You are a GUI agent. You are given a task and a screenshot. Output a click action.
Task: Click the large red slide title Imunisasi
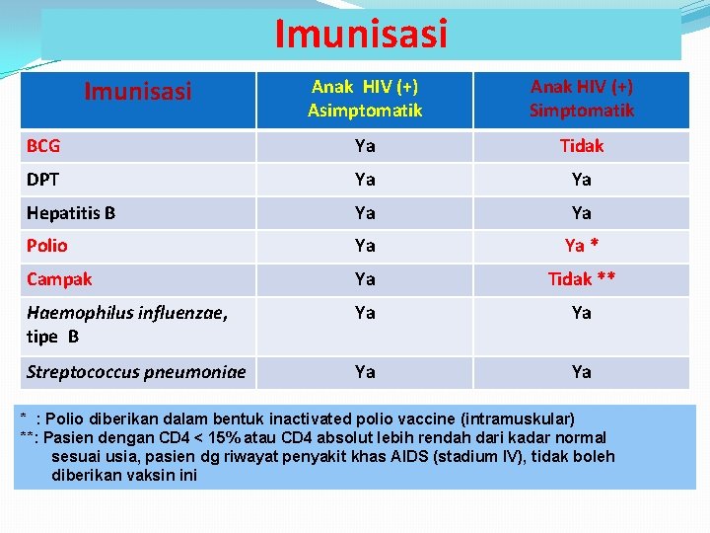[361, 34]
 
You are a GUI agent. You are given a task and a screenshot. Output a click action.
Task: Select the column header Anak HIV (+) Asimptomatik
[365, 98]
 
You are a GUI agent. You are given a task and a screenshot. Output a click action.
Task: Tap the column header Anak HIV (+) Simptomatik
[582, 98]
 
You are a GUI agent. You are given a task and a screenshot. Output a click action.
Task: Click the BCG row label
[43, 146]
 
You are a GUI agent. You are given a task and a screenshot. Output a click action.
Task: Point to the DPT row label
[43, 180]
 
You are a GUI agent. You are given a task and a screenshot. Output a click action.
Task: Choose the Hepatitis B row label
[72, 212]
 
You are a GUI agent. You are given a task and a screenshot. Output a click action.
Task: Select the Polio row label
[47, 246]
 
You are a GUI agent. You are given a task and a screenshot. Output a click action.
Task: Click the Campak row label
[59, 279]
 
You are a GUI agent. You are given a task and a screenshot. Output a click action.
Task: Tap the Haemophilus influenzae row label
[127, 313]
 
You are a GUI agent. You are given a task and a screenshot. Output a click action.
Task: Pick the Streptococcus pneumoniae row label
[136, 372]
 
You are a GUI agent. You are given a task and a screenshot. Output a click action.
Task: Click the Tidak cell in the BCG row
[582, 146]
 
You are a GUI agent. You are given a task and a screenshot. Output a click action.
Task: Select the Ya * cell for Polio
[582, 246]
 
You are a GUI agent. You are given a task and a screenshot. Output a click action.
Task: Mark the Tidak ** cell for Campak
[582, 279]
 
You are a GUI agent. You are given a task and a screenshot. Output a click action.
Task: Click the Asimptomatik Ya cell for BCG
[365, 146]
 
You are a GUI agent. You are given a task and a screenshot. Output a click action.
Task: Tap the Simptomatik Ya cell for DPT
[582, 180]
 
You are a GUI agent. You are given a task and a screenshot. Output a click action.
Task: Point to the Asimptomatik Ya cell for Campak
[365, 279]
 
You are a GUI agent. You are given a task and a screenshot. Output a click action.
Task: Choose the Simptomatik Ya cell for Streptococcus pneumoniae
[582, 372]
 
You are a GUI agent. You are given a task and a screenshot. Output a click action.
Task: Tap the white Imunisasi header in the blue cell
[138, 93]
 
